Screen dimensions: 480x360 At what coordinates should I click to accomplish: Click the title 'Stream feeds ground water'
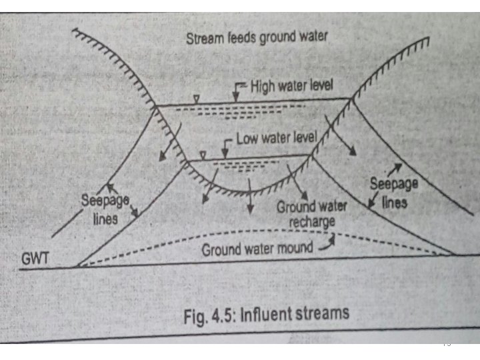point(257,38)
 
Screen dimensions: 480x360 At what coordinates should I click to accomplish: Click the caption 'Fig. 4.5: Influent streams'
point(266,313)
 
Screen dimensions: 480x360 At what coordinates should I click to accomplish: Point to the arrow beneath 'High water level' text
point(235,95)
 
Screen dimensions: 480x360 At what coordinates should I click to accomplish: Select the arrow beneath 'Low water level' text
point(225,149)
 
